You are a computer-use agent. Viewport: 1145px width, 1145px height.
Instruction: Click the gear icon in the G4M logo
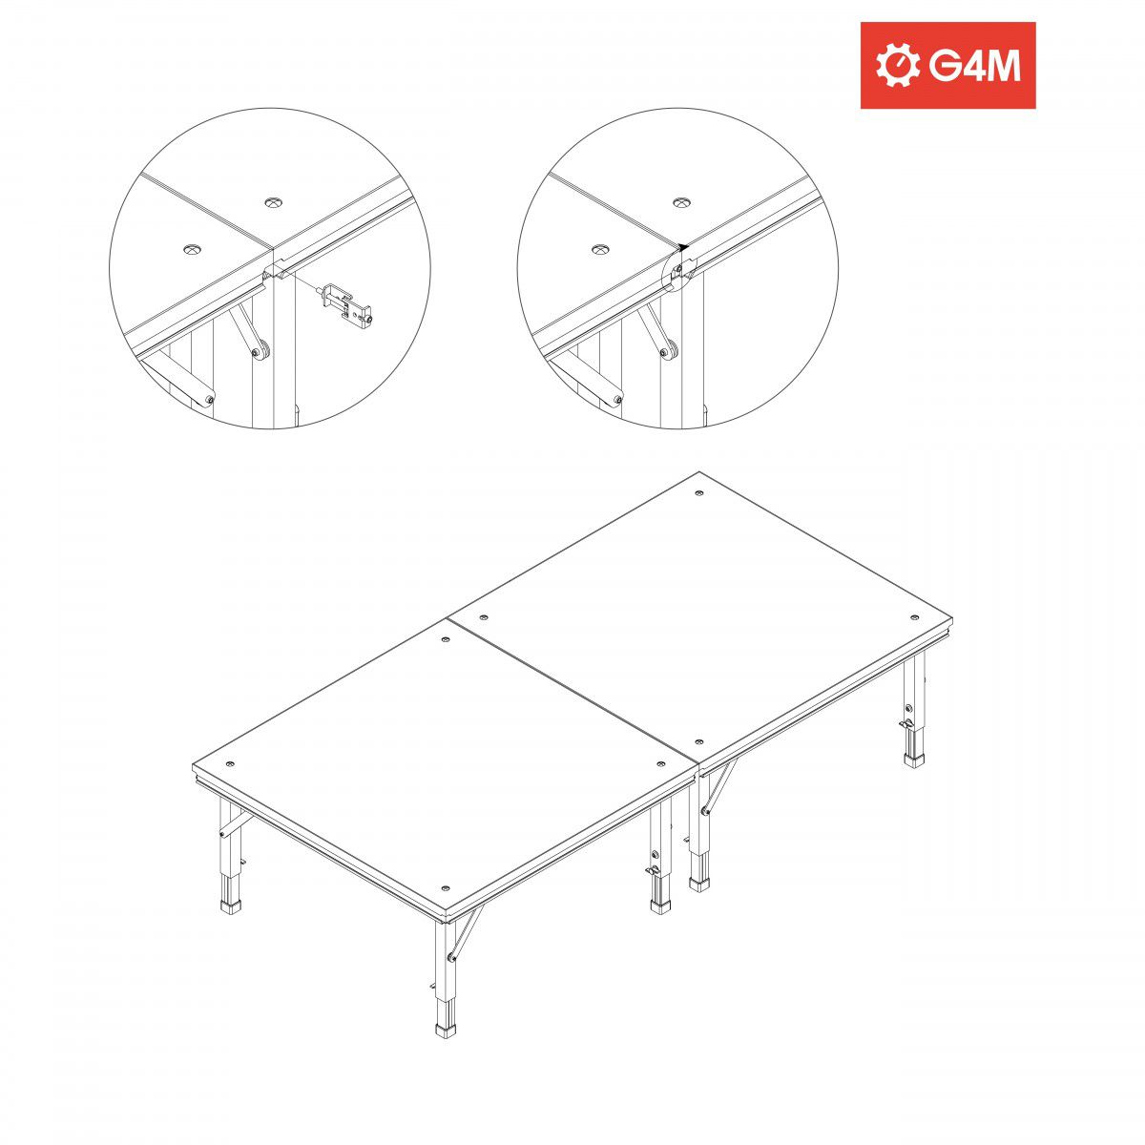tap(896, 66)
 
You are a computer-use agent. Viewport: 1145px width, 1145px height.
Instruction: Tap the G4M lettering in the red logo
tap(974, 66)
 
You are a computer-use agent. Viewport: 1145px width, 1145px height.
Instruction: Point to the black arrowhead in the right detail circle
tap(684, 245)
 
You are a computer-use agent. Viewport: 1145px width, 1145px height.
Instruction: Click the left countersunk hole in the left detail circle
tap(194, 249)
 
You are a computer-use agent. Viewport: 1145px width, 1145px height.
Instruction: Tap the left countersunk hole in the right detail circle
tap(600, 250)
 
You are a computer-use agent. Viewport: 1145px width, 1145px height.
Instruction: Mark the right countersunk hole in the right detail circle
tap(681, 202)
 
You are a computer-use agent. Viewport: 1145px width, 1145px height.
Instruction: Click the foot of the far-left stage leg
tap(231, 906)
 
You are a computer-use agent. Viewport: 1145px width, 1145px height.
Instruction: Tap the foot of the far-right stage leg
tap(914, 760)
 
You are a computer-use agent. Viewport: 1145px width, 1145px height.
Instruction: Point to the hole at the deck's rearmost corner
tap(699, 494)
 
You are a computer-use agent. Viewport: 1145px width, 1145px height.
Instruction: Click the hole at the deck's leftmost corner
tap(231, 764)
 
